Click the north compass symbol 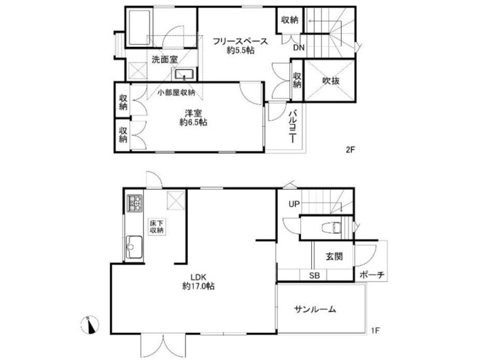click(x=89, y=325)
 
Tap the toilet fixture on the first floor click(x=332, y=228)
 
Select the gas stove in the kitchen click(x=134, y=203)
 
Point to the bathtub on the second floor click(x=139, y=28)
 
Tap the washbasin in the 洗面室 click(x=184, y=74)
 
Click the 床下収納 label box click(x=157, y=226)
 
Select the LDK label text click(x=199, y=277)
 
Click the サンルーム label click(x=315, y=309)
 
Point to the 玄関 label click(x=334, y=256)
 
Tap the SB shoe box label click(x=315, y=275)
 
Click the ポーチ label click(x=372, y=275)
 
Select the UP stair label click(x=294, y=204)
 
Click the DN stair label click(x=299, y=47)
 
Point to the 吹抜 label click(x=331, y=81)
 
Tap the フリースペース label click(x=240, y=41)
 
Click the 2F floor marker click(x=350, y=150)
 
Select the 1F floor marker click(x=376, y=331)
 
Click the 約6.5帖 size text click(x=193, y=123)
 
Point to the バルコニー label click(x=293, y=126)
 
